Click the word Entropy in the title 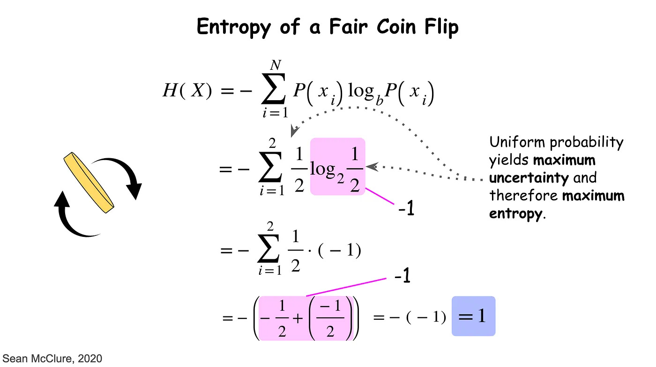[x=233, y=27]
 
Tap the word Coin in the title [x=388, y=27]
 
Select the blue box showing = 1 [x=473, y=316]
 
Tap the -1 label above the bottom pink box [x=402, y=277]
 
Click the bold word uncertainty [x=529, y=178]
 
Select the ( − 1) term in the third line [x=339, y=251]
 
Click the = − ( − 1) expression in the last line [x=409, y=318]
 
